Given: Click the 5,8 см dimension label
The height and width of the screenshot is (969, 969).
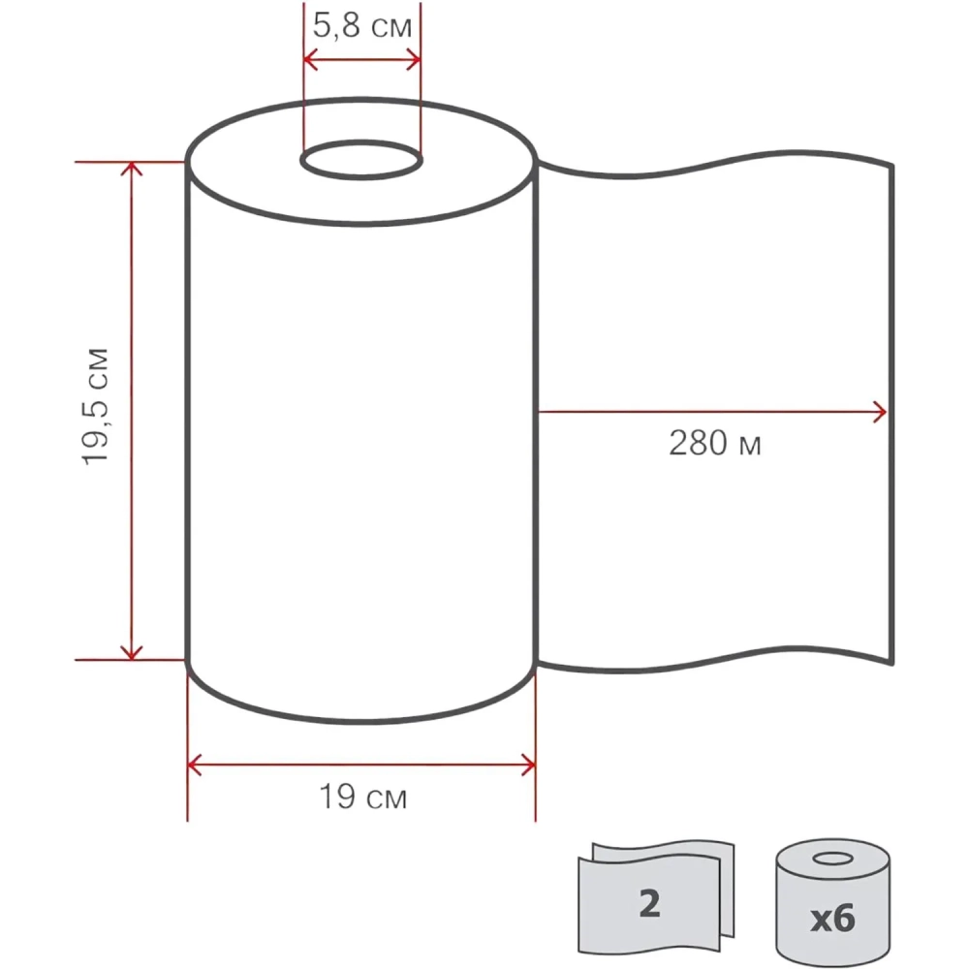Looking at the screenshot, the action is click(x=362, y=26).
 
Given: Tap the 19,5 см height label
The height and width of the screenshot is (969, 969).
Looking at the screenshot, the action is click(x=96, y=407).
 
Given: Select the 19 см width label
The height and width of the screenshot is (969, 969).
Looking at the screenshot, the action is click(x=362, y=797).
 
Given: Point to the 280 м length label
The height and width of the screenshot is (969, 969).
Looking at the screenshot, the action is click(x=715, y=443).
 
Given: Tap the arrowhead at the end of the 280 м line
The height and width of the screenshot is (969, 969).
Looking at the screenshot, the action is click(x=880, y=412).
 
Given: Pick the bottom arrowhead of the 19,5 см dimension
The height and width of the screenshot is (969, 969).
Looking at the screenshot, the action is click(x=132, y=652).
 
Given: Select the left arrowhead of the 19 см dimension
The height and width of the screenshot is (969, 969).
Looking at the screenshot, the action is click(x=194, y=766).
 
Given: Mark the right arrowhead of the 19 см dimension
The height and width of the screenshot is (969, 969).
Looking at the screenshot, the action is click(x=529, y=766).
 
